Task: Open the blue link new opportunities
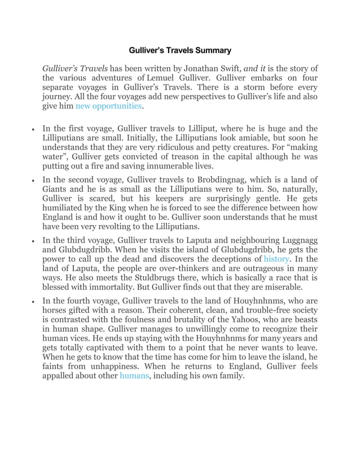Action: [x=108, y=105]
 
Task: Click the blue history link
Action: [x=276, y=259]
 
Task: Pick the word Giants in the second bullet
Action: [x=55, y=189]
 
